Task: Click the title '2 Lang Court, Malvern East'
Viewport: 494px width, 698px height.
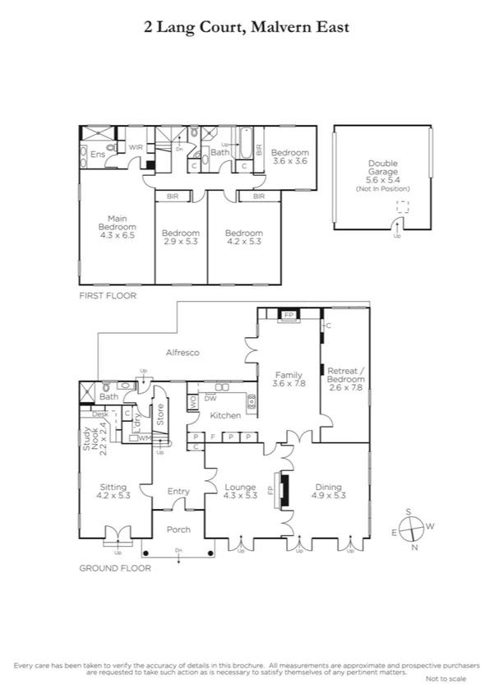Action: click(247, 27)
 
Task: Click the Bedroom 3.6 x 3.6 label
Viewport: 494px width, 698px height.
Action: click(289, 157)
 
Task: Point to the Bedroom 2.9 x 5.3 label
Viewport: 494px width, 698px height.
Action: click(180, 237)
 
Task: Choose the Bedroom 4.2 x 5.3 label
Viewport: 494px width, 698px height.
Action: click(244, 237)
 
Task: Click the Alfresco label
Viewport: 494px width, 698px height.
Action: click(182, 352)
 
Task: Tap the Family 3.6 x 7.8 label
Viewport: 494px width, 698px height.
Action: click(289, 377)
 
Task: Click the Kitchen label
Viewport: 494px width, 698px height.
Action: click(219, 417)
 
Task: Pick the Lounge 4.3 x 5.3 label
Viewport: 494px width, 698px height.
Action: click(241, 492)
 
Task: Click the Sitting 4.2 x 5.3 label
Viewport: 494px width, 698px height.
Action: click(113, 492)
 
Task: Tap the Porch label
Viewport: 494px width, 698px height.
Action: click(178, 529)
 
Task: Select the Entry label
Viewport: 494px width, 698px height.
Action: click(178, 492)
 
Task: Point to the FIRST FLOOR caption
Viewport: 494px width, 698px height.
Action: click(107, 295)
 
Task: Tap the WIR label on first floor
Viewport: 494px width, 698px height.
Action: click(135, 148)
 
